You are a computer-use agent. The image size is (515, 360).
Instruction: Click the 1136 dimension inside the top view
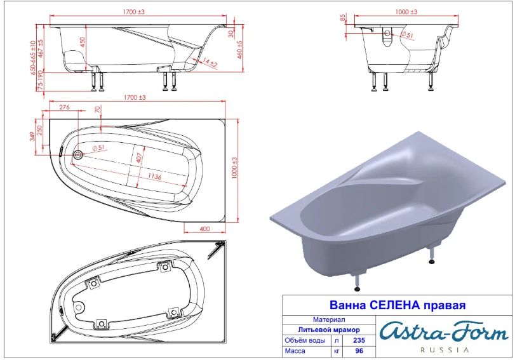154,177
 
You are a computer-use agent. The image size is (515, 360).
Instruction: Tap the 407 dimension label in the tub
139,157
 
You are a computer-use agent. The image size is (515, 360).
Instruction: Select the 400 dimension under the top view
204,229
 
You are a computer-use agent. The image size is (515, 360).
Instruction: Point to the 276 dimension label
64,107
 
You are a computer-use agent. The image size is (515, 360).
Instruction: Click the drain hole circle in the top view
78,154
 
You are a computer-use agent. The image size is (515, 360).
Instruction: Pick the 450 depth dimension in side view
83,42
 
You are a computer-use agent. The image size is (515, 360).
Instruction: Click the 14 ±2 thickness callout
210,62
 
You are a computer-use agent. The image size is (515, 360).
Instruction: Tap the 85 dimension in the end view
344,19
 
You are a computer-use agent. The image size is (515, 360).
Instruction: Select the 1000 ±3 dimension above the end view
406,12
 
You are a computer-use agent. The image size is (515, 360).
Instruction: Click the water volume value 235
359,340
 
